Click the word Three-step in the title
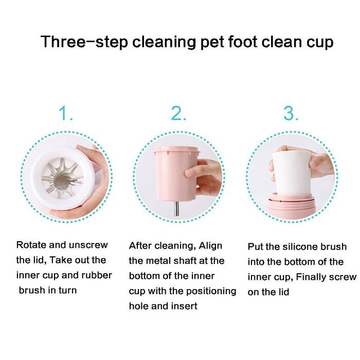click(84, 42)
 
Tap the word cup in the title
click(320, 43)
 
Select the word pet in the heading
click(212, 43)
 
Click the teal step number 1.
click(66, 113)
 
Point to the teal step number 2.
click(178, 113)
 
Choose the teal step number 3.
click(291, 113)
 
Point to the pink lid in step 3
click(291, 203)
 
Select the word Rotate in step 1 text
click(31, 245)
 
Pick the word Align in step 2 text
click(210, 246)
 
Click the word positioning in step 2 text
click(211, 292)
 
